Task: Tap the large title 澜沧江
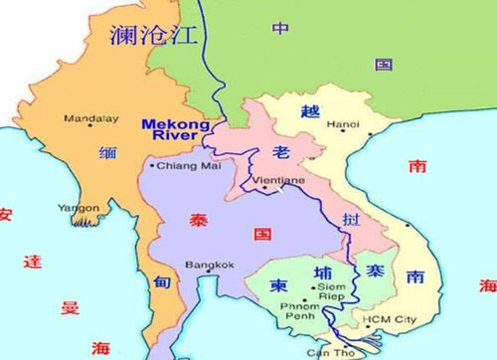coord(153,37)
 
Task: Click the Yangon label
coord(77,208)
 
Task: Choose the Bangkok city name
coord(209,265)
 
